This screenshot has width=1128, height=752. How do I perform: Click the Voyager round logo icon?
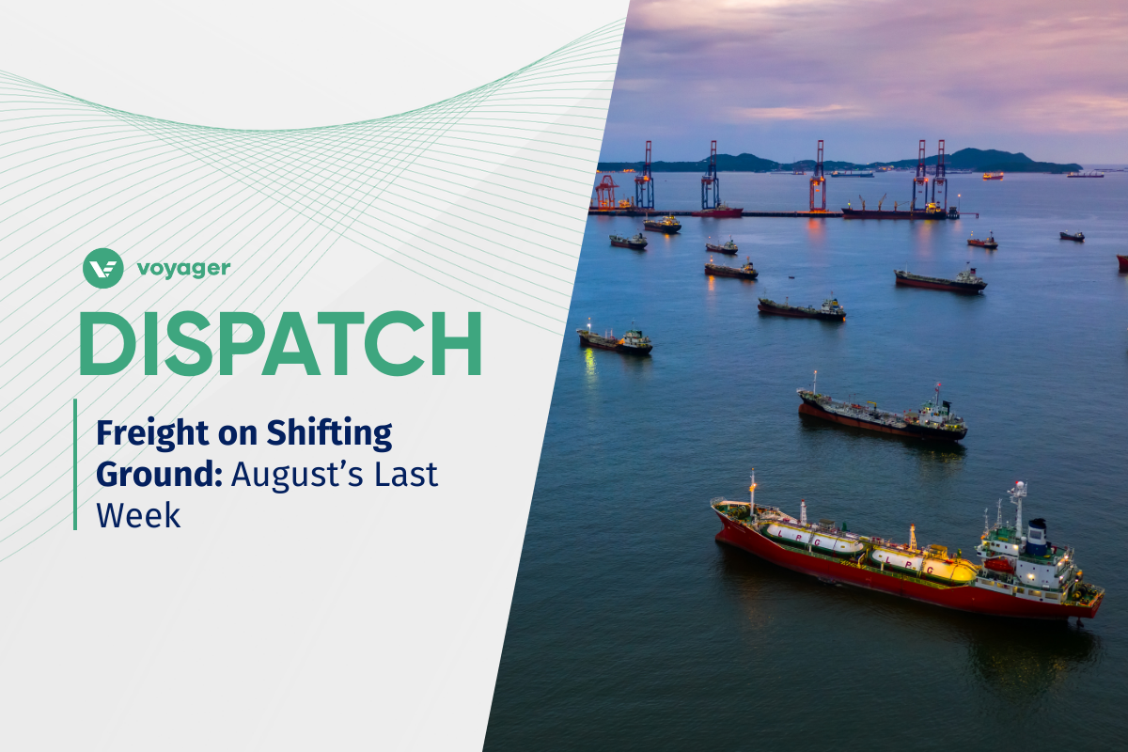[x=102, y=268]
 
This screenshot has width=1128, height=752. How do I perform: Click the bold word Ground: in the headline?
[x=159, y=475]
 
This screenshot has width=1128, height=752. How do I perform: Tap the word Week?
[x=137, y=515]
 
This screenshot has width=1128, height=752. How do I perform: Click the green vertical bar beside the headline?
[x=75, y=463]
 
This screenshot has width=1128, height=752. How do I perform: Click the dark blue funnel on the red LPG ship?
[x=1036, y=538]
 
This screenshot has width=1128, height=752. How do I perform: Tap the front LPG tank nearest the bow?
[x=814, y=539]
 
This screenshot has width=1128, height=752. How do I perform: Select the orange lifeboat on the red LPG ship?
[x=999, y=565]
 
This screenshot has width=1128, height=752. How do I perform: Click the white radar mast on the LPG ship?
[x=1018, y=502]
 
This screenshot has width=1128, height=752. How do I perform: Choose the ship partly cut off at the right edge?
[x=1122, y=262]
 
